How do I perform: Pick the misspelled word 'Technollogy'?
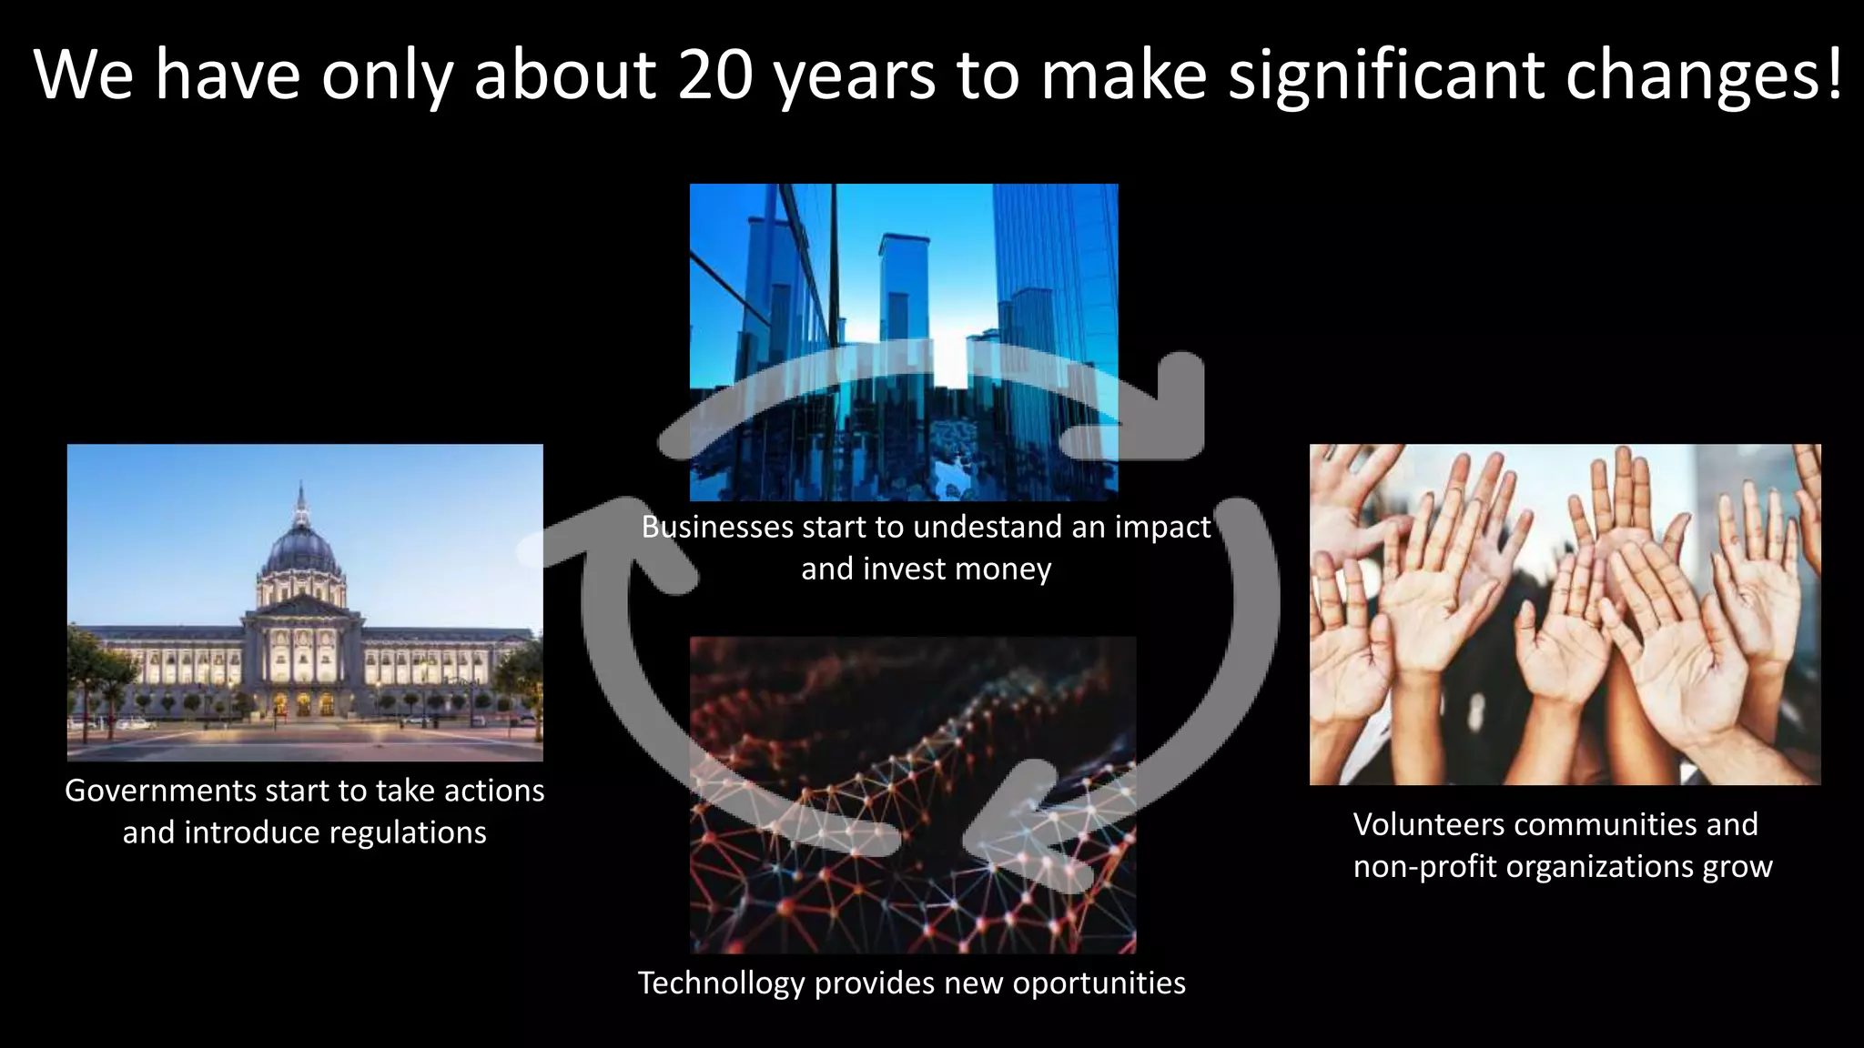[721, 983]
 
